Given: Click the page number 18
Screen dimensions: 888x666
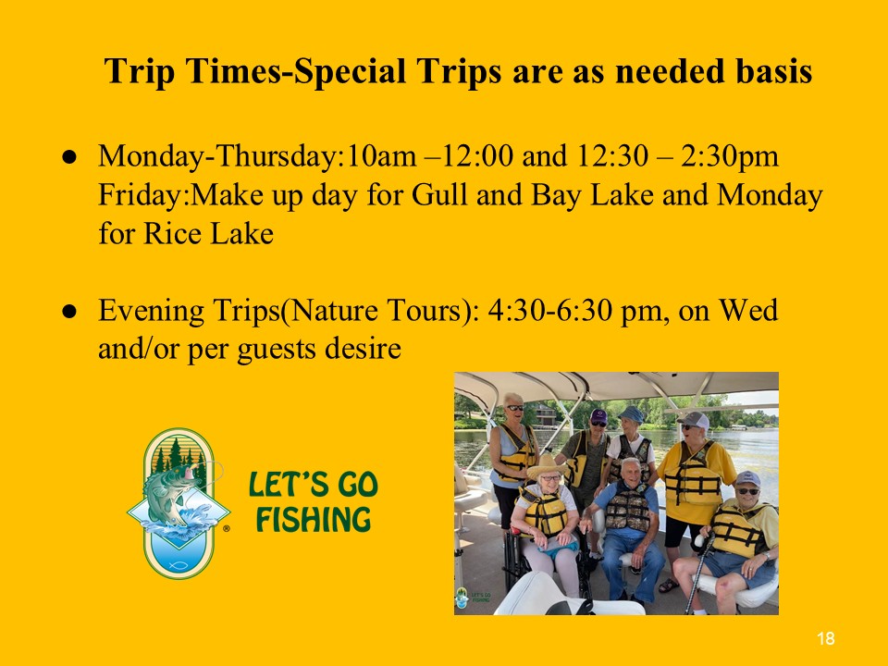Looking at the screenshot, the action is pyautogui.click(x=826, y=639).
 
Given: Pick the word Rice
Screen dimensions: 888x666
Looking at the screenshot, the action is pyautogui.click(x=171, y=233).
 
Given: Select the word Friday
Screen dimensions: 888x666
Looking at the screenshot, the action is pyautogui.click(x=140, y=196).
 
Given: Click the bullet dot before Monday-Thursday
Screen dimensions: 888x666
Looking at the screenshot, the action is pyautogui.click(x=69, y=157).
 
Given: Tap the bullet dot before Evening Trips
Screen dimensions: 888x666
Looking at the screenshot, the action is pyautogui.click(x=69, y=312).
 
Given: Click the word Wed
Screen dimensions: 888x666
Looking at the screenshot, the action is pyautogui.click(x=748, y=310).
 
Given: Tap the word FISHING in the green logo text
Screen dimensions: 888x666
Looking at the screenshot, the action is pyautogui.click(x=314, y=520).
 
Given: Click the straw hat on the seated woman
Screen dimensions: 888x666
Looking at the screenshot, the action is pyautogui.click(x=547, y=466).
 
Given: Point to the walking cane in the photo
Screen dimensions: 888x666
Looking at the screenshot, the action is pyautogui.click(x=697, y=572).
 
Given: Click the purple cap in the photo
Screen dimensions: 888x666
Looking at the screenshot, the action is pyautogui.click(x=598, y=416).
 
